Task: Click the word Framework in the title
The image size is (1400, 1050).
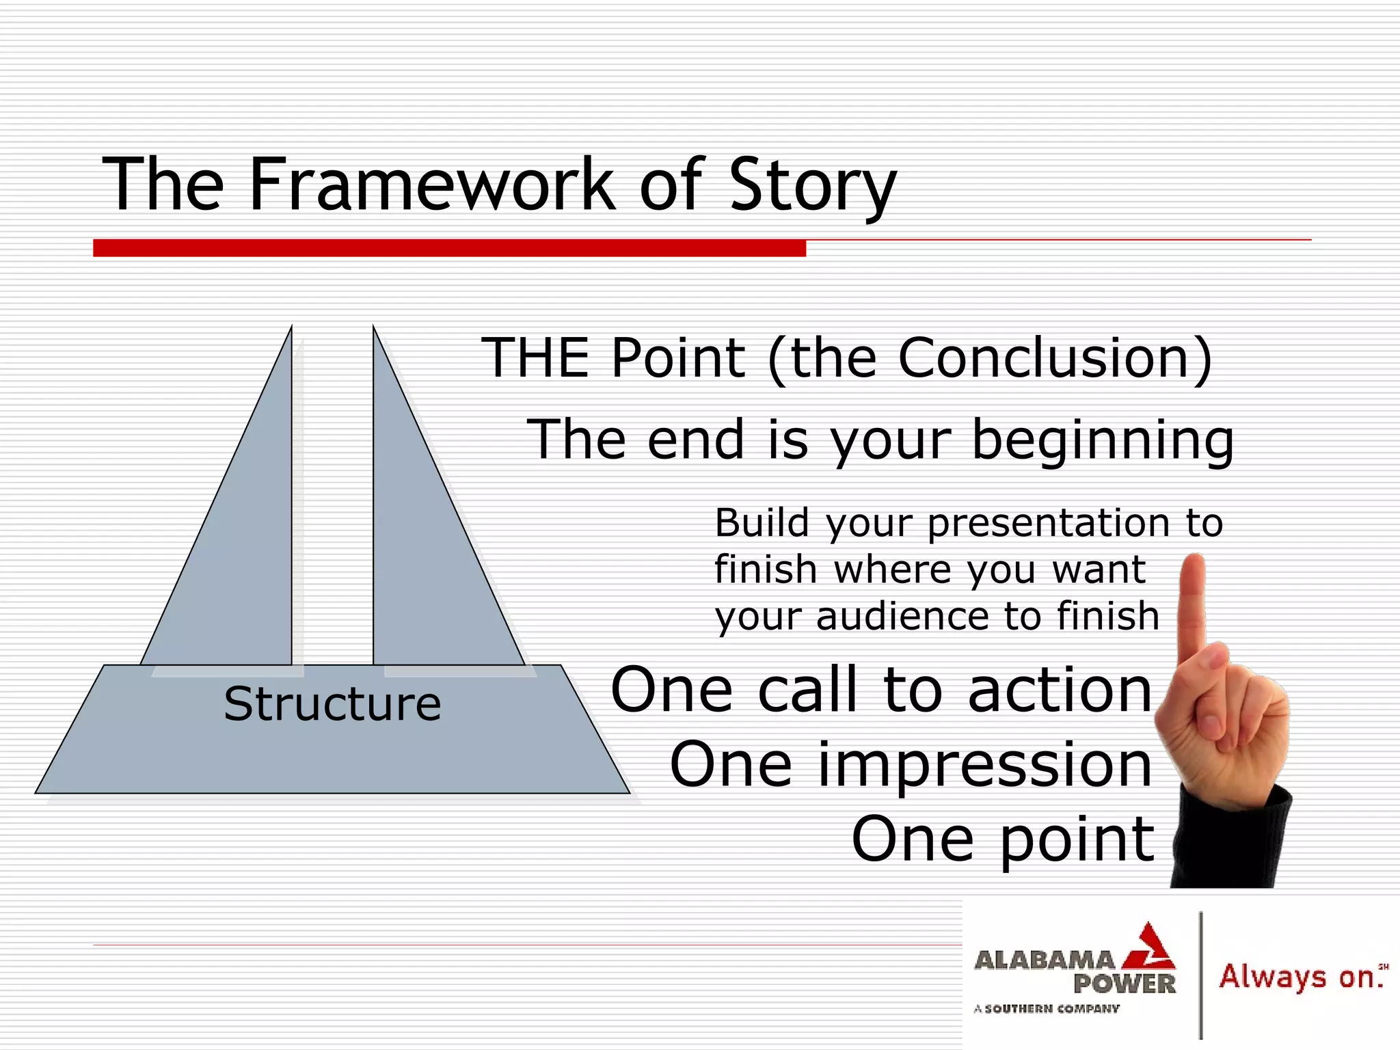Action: (x=431, y=185)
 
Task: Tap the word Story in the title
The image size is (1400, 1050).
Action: (x=812, y=186)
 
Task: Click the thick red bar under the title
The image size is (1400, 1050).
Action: (x=449, y=248)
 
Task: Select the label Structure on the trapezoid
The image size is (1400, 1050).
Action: (x=332, y=704)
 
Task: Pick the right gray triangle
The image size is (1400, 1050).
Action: (x=424, y=547)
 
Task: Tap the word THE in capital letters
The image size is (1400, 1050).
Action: (x=535, y=358)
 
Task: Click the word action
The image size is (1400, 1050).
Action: (x=1060, y=690)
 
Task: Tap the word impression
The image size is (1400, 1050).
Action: (x=984, y=765)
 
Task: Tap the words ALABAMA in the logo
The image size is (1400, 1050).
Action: (x=1044, y=960)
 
